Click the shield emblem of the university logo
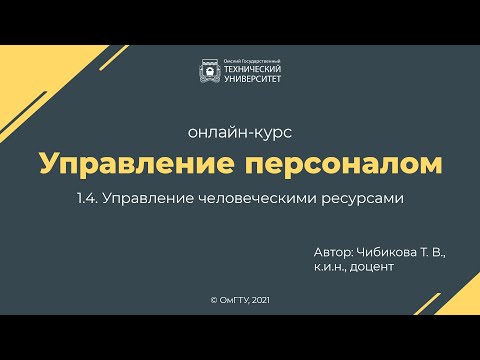211,72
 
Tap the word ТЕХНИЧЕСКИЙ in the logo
250,71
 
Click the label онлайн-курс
239,132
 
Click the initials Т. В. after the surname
431,253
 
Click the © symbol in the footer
213,299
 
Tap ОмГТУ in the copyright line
233,299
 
